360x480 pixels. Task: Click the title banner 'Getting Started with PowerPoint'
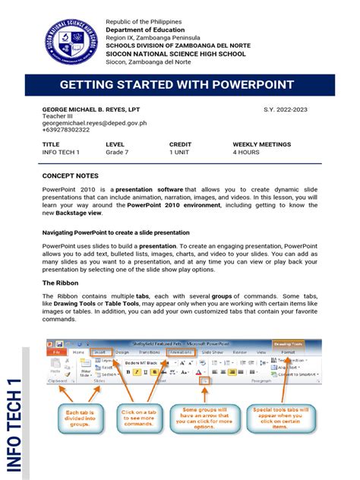(x=180, y=85)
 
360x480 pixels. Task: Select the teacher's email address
(x=94, y=122)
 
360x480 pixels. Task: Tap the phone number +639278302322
(x=66, y=130)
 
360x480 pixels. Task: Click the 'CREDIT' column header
(x=181, y=144)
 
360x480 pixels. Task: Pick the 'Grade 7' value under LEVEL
(x=118, y=153)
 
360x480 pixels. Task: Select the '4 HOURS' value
(x=246, y=153)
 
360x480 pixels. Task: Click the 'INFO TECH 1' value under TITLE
(x=61, y=153)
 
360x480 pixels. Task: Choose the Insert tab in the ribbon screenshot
(x=99, y=352)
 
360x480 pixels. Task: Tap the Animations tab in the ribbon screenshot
(x=181, y=352)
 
